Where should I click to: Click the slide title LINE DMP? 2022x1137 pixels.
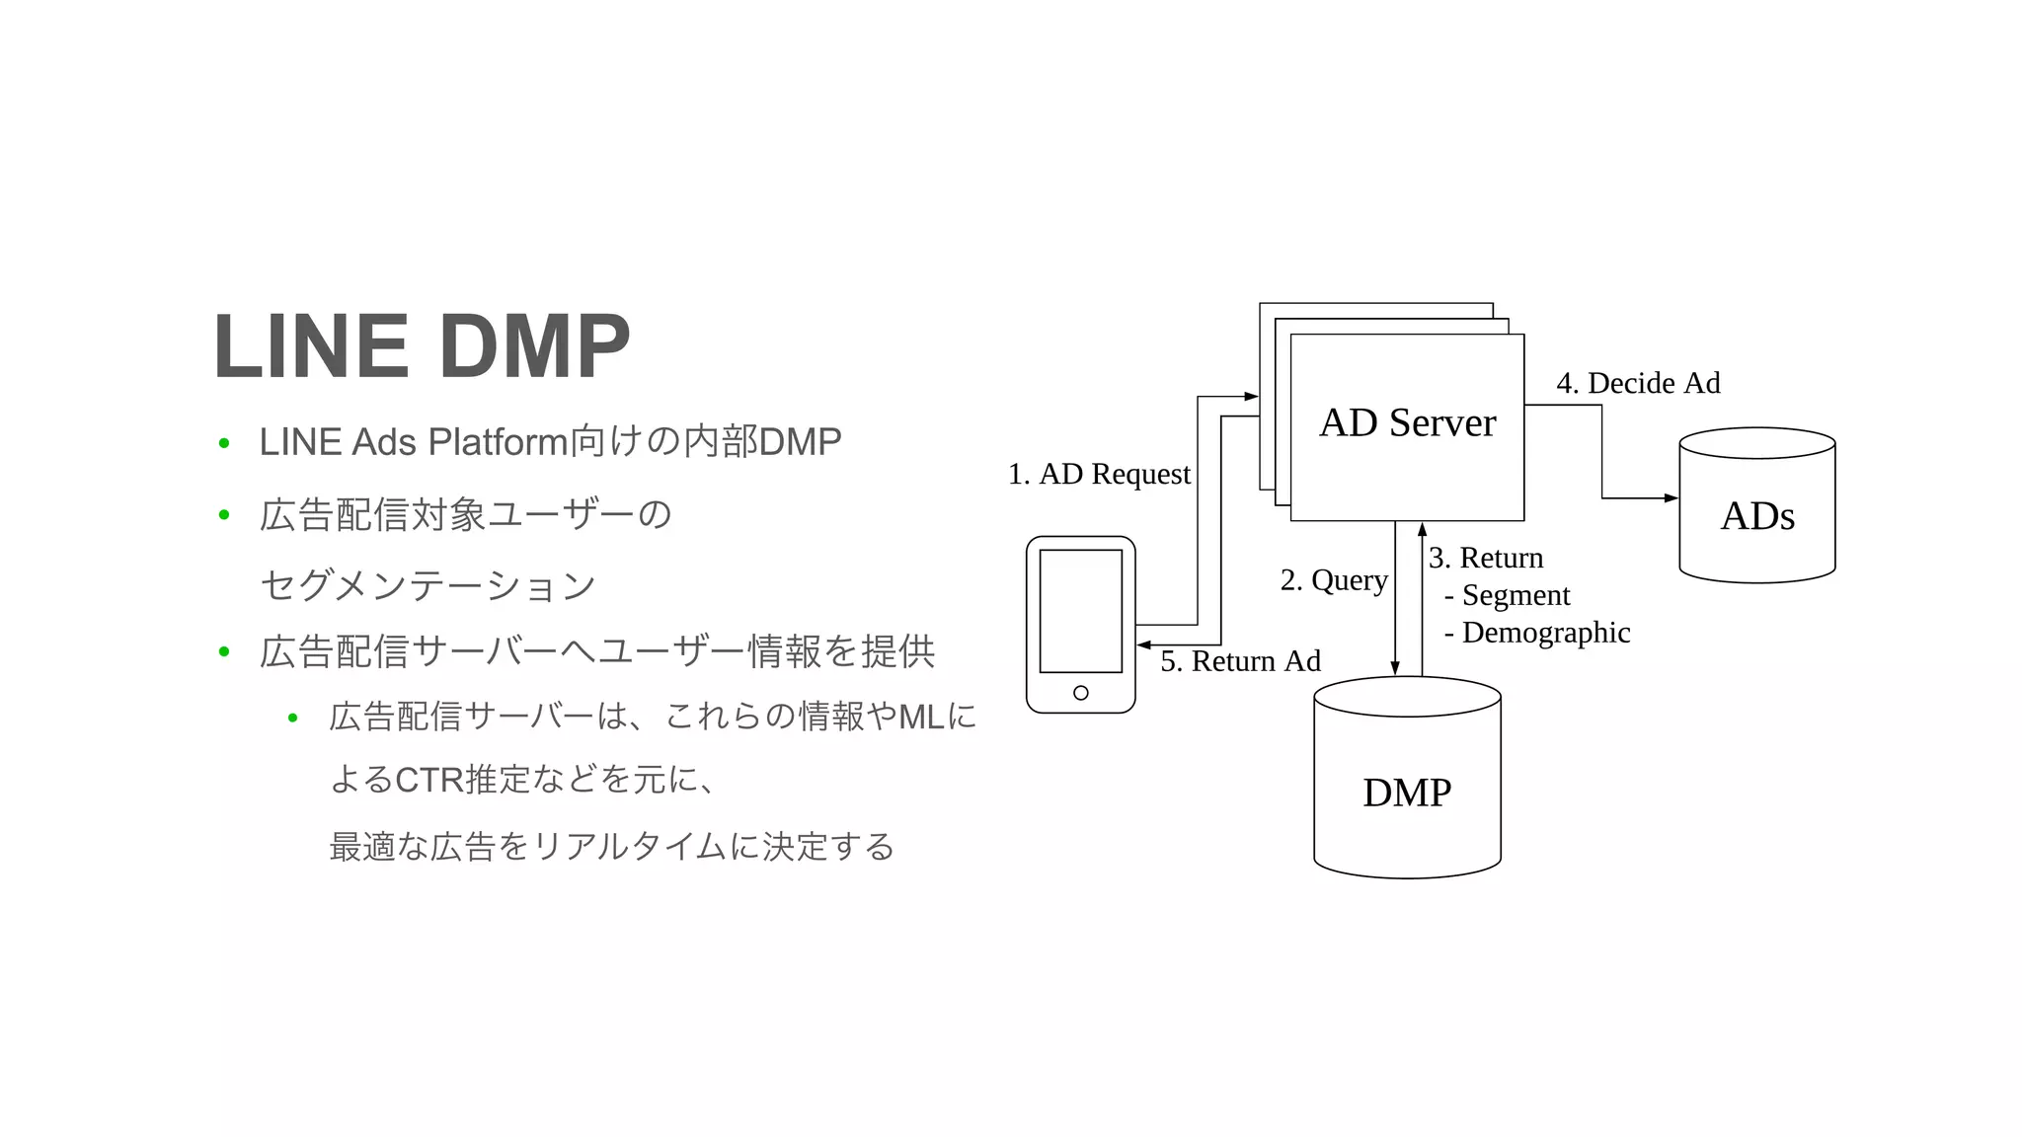point(422,346)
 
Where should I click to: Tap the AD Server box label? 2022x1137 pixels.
point(1407,422)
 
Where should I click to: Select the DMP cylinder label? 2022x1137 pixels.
point(1407,793)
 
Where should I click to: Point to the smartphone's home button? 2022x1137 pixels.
point(1080,693)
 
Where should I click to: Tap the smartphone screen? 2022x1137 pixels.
point(1080,611)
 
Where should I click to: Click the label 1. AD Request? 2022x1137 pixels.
point(1099,474)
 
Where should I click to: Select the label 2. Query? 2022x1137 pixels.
point(1334,579)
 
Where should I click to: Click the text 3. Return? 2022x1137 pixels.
point(1486,558)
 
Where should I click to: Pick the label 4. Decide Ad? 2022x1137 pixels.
point(1638,383)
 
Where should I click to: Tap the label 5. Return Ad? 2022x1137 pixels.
point(1240,661)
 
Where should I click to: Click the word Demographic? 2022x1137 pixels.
point(1545,633)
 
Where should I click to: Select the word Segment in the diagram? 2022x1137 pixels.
point(1516,595)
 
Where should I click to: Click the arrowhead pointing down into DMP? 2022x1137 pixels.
point(1395,668)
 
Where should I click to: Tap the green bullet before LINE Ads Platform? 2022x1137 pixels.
point(224,443)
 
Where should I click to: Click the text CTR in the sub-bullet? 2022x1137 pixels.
point(428,780)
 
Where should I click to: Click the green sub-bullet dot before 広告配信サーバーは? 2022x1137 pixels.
point(292,718)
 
